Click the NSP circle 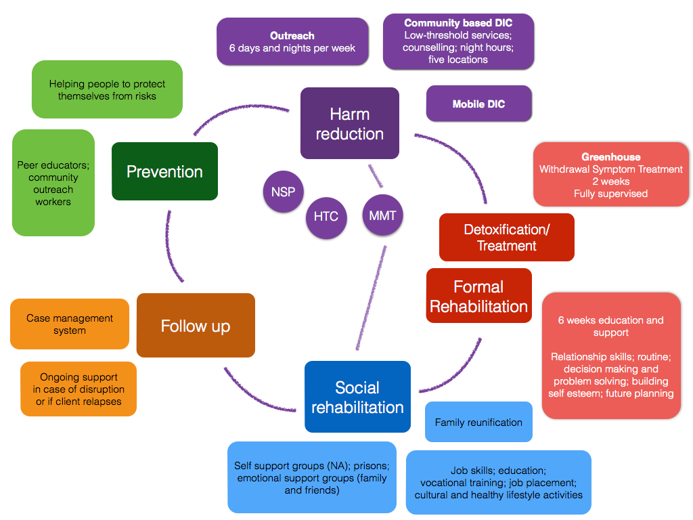283,192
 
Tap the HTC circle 326,217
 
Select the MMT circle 383,216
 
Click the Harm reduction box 349,124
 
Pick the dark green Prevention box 164,171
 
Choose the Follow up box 196,326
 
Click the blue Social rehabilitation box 357,397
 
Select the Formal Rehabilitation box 479,297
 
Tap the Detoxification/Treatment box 506,238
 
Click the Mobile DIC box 478,104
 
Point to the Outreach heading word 292,36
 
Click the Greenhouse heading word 610,157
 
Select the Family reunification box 478,422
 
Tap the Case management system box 70,324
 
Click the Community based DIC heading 458,23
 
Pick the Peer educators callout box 53,183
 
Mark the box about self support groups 311,477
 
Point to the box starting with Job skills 498,482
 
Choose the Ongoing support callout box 79,389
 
